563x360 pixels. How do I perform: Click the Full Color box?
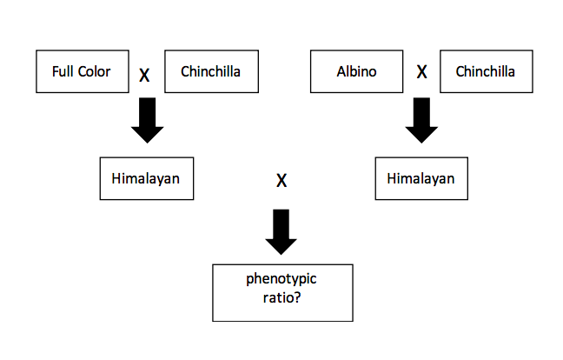coord(82,71)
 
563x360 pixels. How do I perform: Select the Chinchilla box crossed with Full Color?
coord(211,71)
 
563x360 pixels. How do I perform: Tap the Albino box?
coord(356,71)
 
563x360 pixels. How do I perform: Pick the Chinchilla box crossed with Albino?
coord(485,71)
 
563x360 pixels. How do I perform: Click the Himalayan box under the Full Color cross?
coord(146,178)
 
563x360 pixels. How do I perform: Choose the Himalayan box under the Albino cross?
coord(421,178)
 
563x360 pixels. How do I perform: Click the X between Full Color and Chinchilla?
coord(144,76)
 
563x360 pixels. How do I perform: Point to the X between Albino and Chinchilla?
coord(421,72)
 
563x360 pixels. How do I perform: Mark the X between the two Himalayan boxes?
coord(281,182)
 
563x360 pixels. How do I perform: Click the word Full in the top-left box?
coord(63,71)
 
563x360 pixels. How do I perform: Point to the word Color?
coord(94,71)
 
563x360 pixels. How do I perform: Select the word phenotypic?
coord(282,280)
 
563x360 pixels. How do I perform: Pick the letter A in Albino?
coord(341,71)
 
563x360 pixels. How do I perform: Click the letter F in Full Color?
coord(56,71)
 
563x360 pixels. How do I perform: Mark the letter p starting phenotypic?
coord(250,282)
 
